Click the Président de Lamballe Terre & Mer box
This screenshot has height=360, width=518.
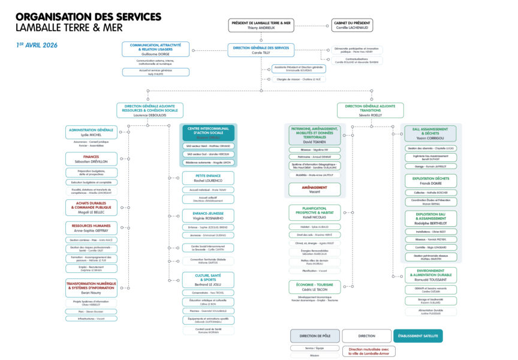pos(261,25)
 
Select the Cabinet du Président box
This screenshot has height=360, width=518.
pos(353,25)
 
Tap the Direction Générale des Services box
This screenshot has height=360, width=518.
pos(261,50)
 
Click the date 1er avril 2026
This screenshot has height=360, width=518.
pos(37,45)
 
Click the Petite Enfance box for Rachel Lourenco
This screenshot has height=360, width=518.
pos(208,178)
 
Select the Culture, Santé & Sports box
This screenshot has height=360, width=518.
pos(208,279)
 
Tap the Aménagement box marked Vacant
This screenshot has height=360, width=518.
pos(314,189)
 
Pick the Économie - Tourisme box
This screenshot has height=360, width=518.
pos(314,287)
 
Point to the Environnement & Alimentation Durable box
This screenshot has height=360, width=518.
pos(430,275)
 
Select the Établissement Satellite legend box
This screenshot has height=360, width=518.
pos(418,336)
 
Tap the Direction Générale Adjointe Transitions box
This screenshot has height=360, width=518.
pos(370,110)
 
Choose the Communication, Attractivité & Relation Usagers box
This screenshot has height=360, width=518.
pos(155,49)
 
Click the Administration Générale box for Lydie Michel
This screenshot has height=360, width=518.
pos(91,132)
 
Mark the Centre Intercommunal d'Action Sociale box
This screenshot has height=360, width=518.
pos(208,133)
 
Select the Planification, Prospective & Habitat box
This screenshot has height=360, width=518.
pos(314,212)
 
